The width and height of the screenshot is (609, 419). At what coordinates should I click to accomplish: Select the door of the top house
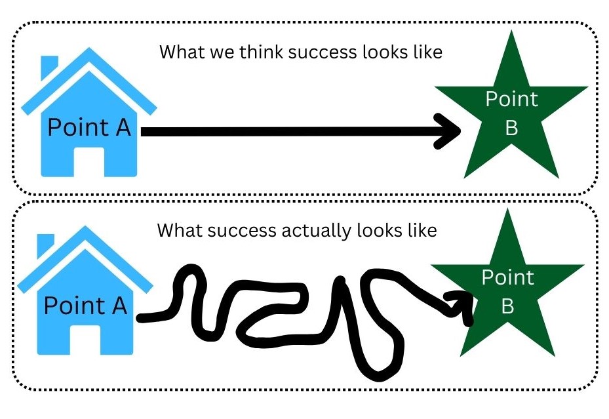pyautogui.click(x=88, y=161)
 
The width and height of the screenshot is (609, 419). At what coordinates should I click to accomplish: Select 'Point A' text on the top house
pyautogui.click(x=89, y=127)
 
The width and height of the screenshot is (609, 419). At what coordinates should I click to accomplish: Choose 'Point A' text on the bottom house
pyautogui.click(x=85, y=305)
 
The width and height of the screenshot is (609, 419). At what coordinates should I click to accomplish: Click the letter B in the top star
pyautogui.click(x=511, y=129)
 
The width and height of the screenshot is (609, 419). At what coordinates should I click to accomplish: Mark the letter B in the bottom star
pyautogui.click(x=507, y=307)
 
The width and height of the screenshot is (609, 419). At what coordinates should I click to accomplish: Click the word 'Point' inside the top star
pyautogui.click(x=511, y=100)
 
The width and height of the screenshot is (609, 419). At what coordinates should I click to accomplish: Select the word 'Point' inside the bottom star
pyautogui.click(x=507, y=278)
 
